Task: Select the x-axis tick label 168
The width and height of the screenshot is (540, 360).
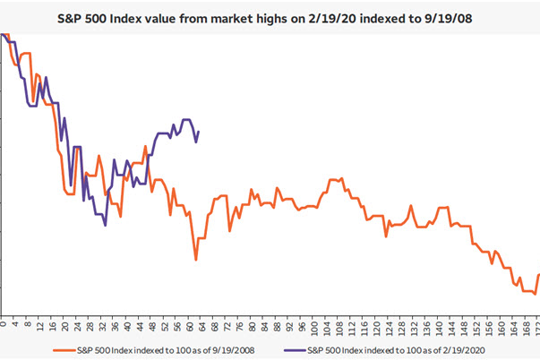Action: [x=520, y=327]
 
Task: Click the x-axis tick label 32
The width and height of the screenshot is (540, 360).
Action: [x=102, y=326]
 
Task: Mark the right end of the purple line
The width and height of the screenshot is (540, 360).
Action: [x=199, y=132]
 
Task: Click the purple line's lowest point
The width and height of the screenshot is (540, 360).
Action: [x=106, y=226]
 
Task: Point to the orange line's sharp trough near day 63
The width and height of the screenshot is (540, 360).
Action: [x=196, y=261]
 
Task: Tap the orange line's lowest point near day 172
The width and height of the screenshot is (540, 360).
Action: [x=535, y=294]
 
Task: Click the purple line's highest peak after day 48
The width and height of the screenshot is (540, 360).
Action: [x=186, y=119]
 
